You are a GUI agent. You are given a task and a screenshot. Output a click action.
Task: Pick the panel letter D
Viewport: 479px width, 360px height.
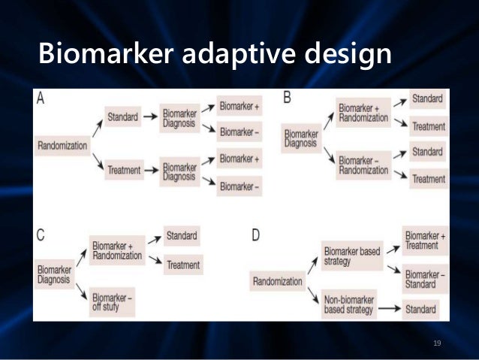coord(256,236)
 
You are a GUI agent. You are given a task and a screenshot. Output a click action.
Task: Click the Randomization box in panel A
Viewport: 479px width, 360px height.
coord(62,145)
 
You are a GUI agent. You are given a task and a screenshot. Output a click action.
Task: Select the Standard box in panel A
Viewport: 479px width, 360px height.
coord(122,117)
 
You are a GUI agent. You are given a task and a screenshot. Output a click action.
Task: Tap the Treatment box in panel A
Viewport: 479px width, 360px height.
coord(123,170)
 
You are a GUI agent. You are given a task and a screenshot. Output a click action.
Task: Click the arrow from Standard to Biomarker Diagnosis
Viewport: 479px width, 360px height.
coord(151,117)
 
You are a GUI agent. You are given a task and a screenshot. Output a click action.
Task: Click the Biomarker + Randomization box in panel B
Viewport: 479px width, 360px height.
coord(363,113)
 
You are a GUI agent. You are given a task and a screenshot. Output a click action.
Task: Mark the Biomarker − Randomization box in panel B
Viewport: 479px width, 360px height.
coord(363,165)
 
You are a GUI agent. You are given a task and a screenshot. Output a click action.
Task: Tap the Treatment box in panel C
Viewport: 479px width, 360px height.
coord(182,265)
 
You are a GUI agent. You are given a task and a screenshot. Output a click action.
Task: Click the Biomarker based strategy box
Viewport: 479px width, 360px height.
coord(351,256)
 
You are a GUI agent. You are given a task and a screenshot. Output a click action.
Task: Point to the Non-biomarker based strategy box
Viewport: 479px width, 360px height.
coord(351,307)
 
